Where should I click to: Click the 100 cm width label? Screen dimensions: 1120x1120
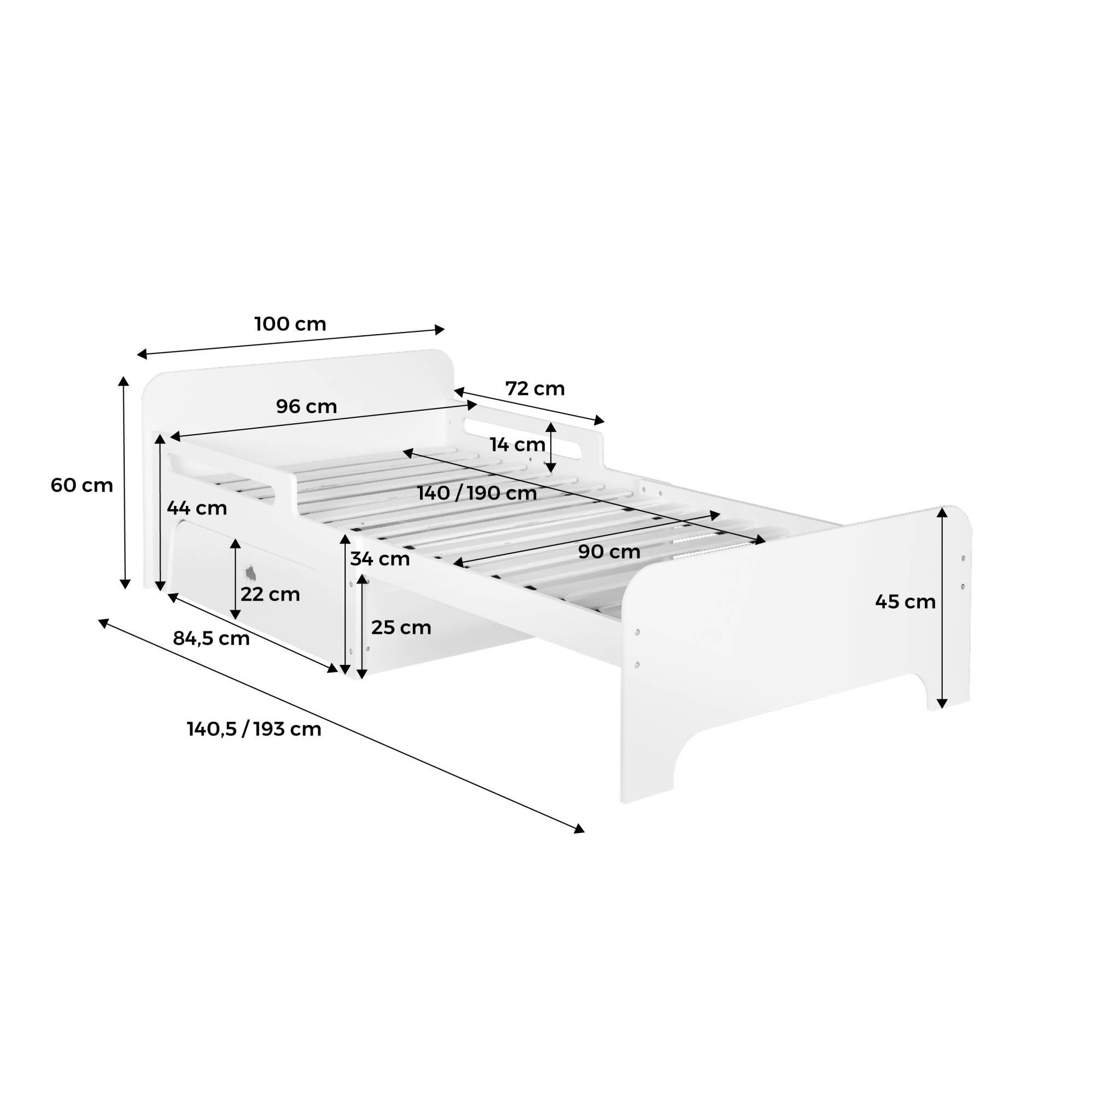click(x=290, y=324)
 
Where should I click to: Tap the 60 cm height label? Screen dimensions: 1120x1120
click(x=81, y=485)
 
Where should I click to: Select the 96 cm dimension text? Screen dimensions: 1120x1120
click(x=306, y=407)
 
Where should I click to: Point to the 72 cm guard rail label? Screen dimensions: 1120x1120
click(x=535, y=388)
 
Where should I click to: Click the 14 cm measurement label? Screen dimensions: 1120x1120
click(x=517, y=445)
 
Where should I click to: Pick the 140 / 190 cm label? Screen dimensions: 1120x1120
click(x=477, y=493)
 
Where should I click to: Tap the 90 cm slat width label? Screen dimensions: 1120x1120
click(x=609, y=552)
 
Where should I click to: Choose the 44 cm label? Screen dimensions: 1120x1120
click(x=196, y=509)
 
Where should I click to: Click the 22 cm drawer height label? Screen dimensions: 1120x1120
click(x=270, y=594)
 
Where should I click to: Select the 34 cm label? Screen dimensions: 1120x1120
click(x=380, y=559)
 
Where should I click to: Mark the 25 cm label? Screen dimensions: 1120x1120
click(x=401, y=627)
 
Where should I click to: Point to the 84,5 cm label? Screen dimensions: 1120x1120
click(x=211, y=639)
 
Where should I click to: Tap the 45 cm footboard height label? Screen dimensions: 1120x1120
click(x=906, y=602)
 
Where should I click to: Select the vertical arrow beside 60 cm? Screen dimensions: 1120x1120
click(x=124, y=482)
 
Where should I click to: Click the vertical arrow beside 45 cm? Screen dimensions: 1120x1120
click(x=943, y=608)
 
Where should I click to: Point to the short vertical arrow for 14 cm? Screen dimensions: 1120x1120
click(x=551, y=447)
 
